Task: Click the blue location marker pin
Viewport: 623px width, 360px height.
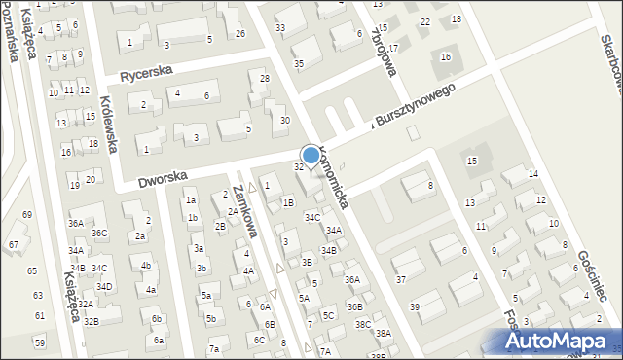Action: click(x=311, y=156)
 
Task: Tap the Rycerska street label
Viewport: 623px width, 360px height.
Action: click(x=145, y=73)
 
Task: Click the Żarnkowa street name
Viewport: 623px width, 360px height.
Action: click(x=244, y=212)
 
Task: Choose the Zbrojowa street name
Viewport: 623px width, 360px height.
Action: click(x=385, y=45)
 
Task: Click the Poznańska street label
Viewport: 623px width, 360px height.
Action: click(x=13, y=29)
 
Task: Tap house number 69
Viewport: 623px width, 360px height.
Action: click(x=27, y=214)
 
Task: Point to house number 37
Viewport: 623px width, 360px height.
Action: click(x=400, y=280)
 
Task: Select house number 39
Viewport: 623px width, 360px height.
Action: click(x=414, y=306)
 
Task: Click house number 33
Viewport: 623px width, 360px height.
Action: click(x=280, y=27)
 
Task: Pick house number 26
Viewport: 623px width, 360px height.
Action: click(x=240, y=33)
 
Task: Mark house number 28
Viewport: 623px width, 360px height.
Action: click(x=264, y=78)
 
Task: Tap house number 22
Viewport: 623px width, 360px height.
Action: click(x=424, y=21)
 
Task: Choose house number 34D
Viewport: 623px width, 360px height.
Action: click(x=104, y=286)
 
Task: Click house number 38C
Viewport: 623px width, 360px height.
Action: click(x=363, y=324)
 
